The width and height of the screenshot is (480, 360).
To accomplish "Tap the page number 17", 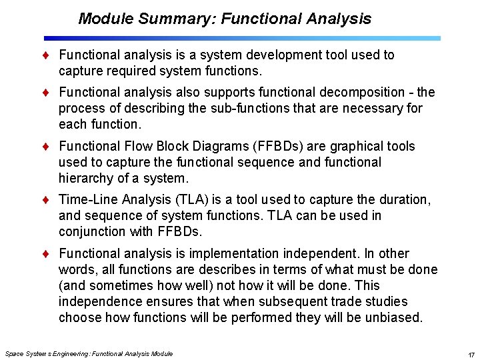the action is (471, 354).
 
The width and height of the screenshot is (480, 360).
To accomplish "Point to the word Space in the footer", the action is (13, 353).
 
